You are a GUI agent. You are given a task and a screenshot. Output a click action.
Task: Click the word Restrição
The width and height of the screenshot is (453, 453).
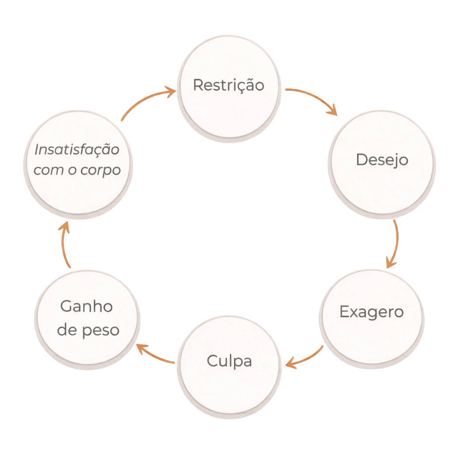click(228, 85)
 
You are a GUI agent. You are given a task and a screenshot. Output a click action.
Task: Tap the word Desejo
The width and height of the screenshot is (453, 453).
click(382, 160)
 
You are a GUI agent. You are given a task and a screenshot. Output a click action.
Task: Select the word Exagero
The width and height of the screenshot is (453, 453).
click(371, 312)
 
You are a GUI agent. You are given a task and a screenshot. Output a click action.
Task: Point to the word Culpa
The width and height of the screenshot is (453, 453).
click(229, 361)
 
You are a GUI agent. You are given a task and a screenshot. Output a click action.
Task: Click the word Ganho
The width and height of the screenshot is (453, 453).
click(86, 306)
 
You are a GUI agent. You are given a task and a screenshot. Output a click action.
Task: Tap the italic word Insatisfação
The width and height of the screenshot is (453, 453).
click(77, 150)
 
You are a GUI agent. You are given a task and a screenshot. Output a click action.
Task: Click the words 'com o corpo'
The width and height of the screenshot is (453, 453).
click(77, 170)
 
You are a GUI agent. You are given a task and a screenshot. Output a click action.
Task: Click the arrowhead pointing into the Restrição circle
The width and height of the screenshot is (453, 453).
click(170, 92)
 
